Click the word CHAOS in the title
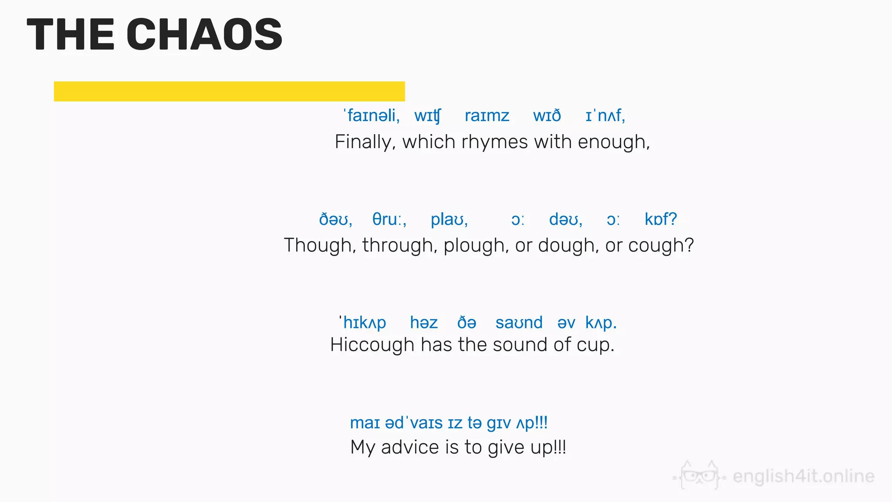(204, 34)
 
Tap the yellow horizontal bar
(229, 91)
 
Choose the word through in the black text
(399, 245)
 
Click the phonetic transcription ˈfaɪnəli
(371, 116)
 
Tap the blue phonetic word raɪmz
(487, 116)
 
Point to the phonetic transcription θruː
(389, 219)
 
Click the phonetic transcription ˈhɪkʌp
(363, 323)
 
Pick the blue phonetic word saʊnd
(519, 323)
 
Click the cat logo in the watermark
(699, 476)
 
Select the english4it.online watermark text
(804, 476)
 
